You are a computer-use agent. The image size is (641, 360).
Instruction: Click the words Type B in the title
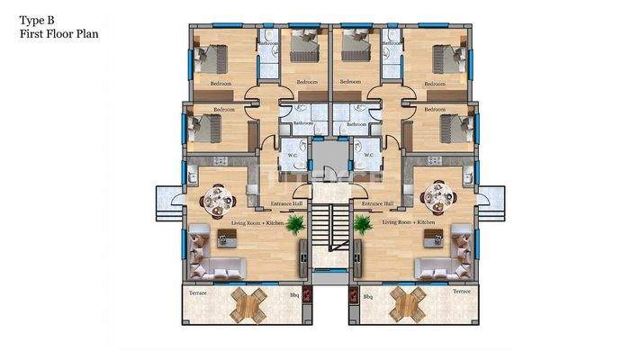35,17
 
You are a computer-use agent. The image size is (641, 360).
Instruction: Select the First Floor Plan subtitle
59,33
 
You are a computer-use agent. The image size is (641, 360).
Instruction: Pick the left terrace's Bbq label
293,294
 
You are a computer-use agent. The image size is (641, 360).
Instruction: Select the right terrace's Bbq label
366,294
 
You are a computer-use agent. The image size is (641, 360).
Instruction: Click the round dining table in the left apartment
217,196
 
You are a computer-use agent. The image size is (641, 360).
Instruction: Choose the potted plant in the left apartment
293,227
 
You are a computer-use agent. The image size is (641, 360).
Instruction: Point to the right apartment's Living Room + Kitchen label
410,221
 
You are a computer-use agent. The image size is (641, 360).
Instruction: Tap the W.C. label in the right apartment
368,155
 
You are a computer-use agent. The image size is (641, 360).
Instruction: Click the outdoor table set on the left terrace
246,305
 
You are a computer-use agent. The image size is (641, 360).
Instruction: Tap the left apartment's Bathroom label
302,123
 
